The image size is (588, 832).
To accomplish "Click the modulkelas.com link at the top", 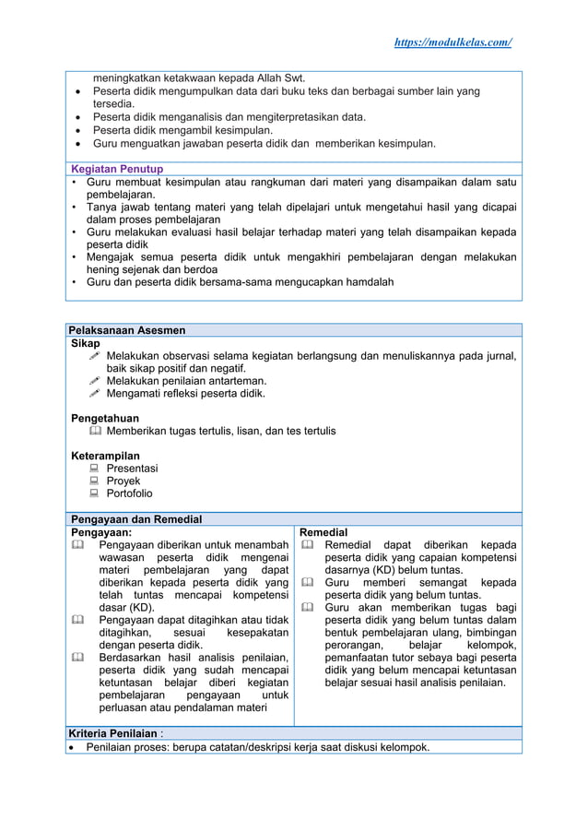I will [453, 43].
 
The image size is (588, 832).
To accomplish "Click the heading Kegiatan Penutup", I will [117, 169].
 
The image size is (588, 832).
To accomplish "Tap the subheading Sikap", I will [86, 342].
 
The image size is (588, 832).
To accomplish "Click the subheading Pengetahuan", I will [105, 418].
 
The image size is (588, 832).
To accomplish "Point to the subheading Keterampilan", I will [105, 456].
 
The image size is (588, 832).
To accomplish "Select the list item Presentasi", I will [132, 469].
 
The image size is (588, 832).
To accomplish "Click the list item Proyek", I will [123, 481].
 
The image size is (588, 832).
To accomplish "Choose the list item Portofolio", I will [129, 493].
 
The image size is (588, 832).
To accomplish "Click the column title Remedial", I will [323, 532].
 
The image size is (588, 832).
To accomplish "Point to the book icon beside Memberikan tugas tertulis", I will [95, 431].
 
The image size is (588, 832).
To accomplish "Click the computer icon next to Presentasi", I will [95, 469].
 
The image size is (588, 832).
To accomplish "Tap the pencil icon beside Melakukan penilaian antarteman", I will [95, 381].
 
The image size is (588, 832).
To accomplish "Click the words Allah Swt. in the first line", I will [277, 77].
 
